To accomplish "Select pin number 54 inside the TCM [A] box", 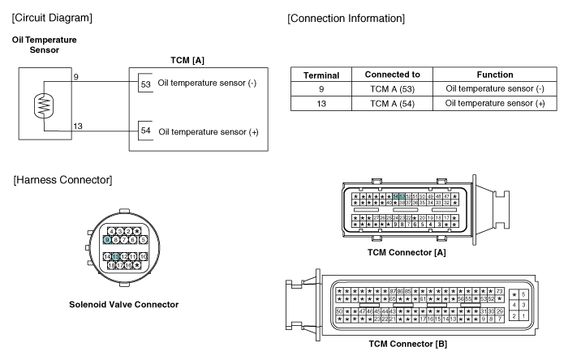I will [145, 131].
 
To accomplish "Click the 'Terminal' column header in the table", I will [321, 75].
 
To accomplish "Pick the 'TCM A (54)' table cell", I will [392, 103].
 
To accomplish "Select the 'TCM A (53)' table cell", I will [392, 88].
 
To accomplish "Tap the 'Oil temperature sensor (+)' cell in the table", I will [495, 103].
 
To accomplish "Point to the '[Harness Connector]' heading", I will [62, 178].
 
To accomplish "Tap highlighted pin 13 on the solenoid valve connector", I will [117, 256].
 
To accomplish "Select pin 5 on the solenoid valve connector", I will [143, 240].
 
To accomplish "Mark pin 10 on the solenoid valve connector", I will [143, 256].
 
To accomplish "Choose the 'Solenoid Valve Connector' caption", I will [123, 305].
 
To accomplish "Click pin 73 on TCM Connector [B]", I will [500, 290].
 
